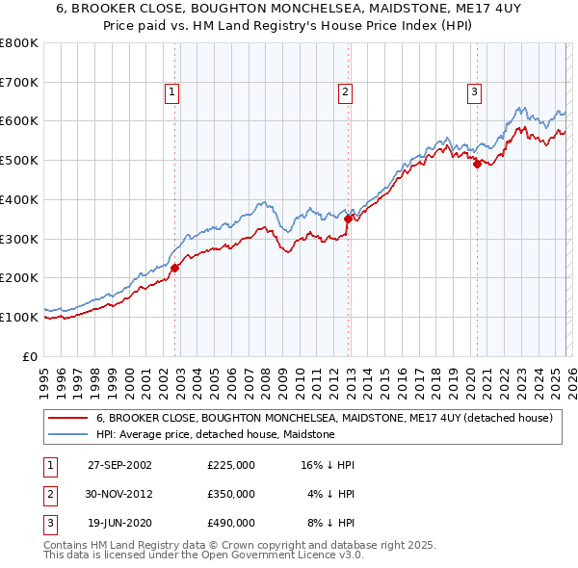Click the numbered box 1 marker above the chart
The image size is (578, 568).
pyautogui.click(x=171, y=92)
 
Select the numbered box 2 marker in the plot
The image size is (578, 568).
pyautogui.click(x=344, y=92)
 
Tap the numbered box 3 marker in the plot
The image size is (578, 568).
pyautogui.click(x=475, y=92)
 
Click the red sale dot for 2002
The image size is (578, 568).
pyautogui.click(x=175, y=268)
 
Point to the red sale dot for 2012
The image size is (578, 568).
pyautogui.click(x=348, y=219)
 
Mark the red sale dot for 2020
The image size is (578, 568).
pyautogui.click(x=477, y=164)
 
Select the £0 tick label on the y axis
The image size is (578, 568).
pyautogui.click(x=30, y=356)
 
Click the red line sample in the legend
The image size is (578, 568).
pyautogui.click(x=67, y=419)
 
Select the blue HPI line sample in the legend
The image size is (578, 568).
pyautogui.click(x=67, y=435)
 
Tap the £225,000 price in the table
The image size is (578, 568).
pyautogui.click(x=230, y=465)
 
